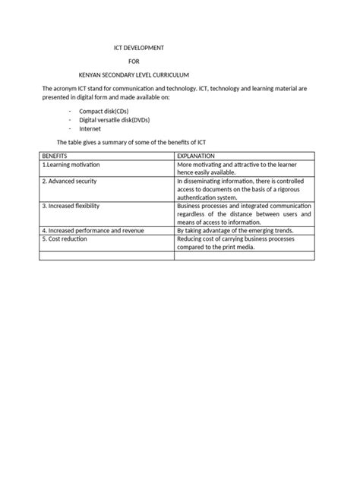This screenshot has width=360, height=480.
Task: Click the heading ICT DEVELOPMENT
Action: point(134,48)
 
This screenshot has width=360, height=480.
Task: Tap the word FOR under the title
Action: point(134,62)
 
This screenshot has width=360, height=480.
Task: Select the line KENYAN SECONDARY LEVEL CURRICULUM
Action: point(134,75)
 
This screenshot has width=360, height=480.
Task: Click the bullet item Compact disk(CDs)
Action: point(104,111)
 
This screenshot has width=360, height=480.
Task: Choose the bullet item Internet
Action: point(90,128)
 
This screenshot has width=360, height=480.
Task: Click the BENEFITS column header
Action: point(55,155)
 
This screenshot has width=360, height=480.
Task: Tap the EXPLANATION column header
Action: point(196,155)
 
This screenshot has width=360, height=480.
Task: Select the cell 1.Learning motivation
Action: point(71,164)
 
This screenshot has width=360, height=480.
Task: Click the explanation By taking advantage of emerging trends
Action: point(235,229)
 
